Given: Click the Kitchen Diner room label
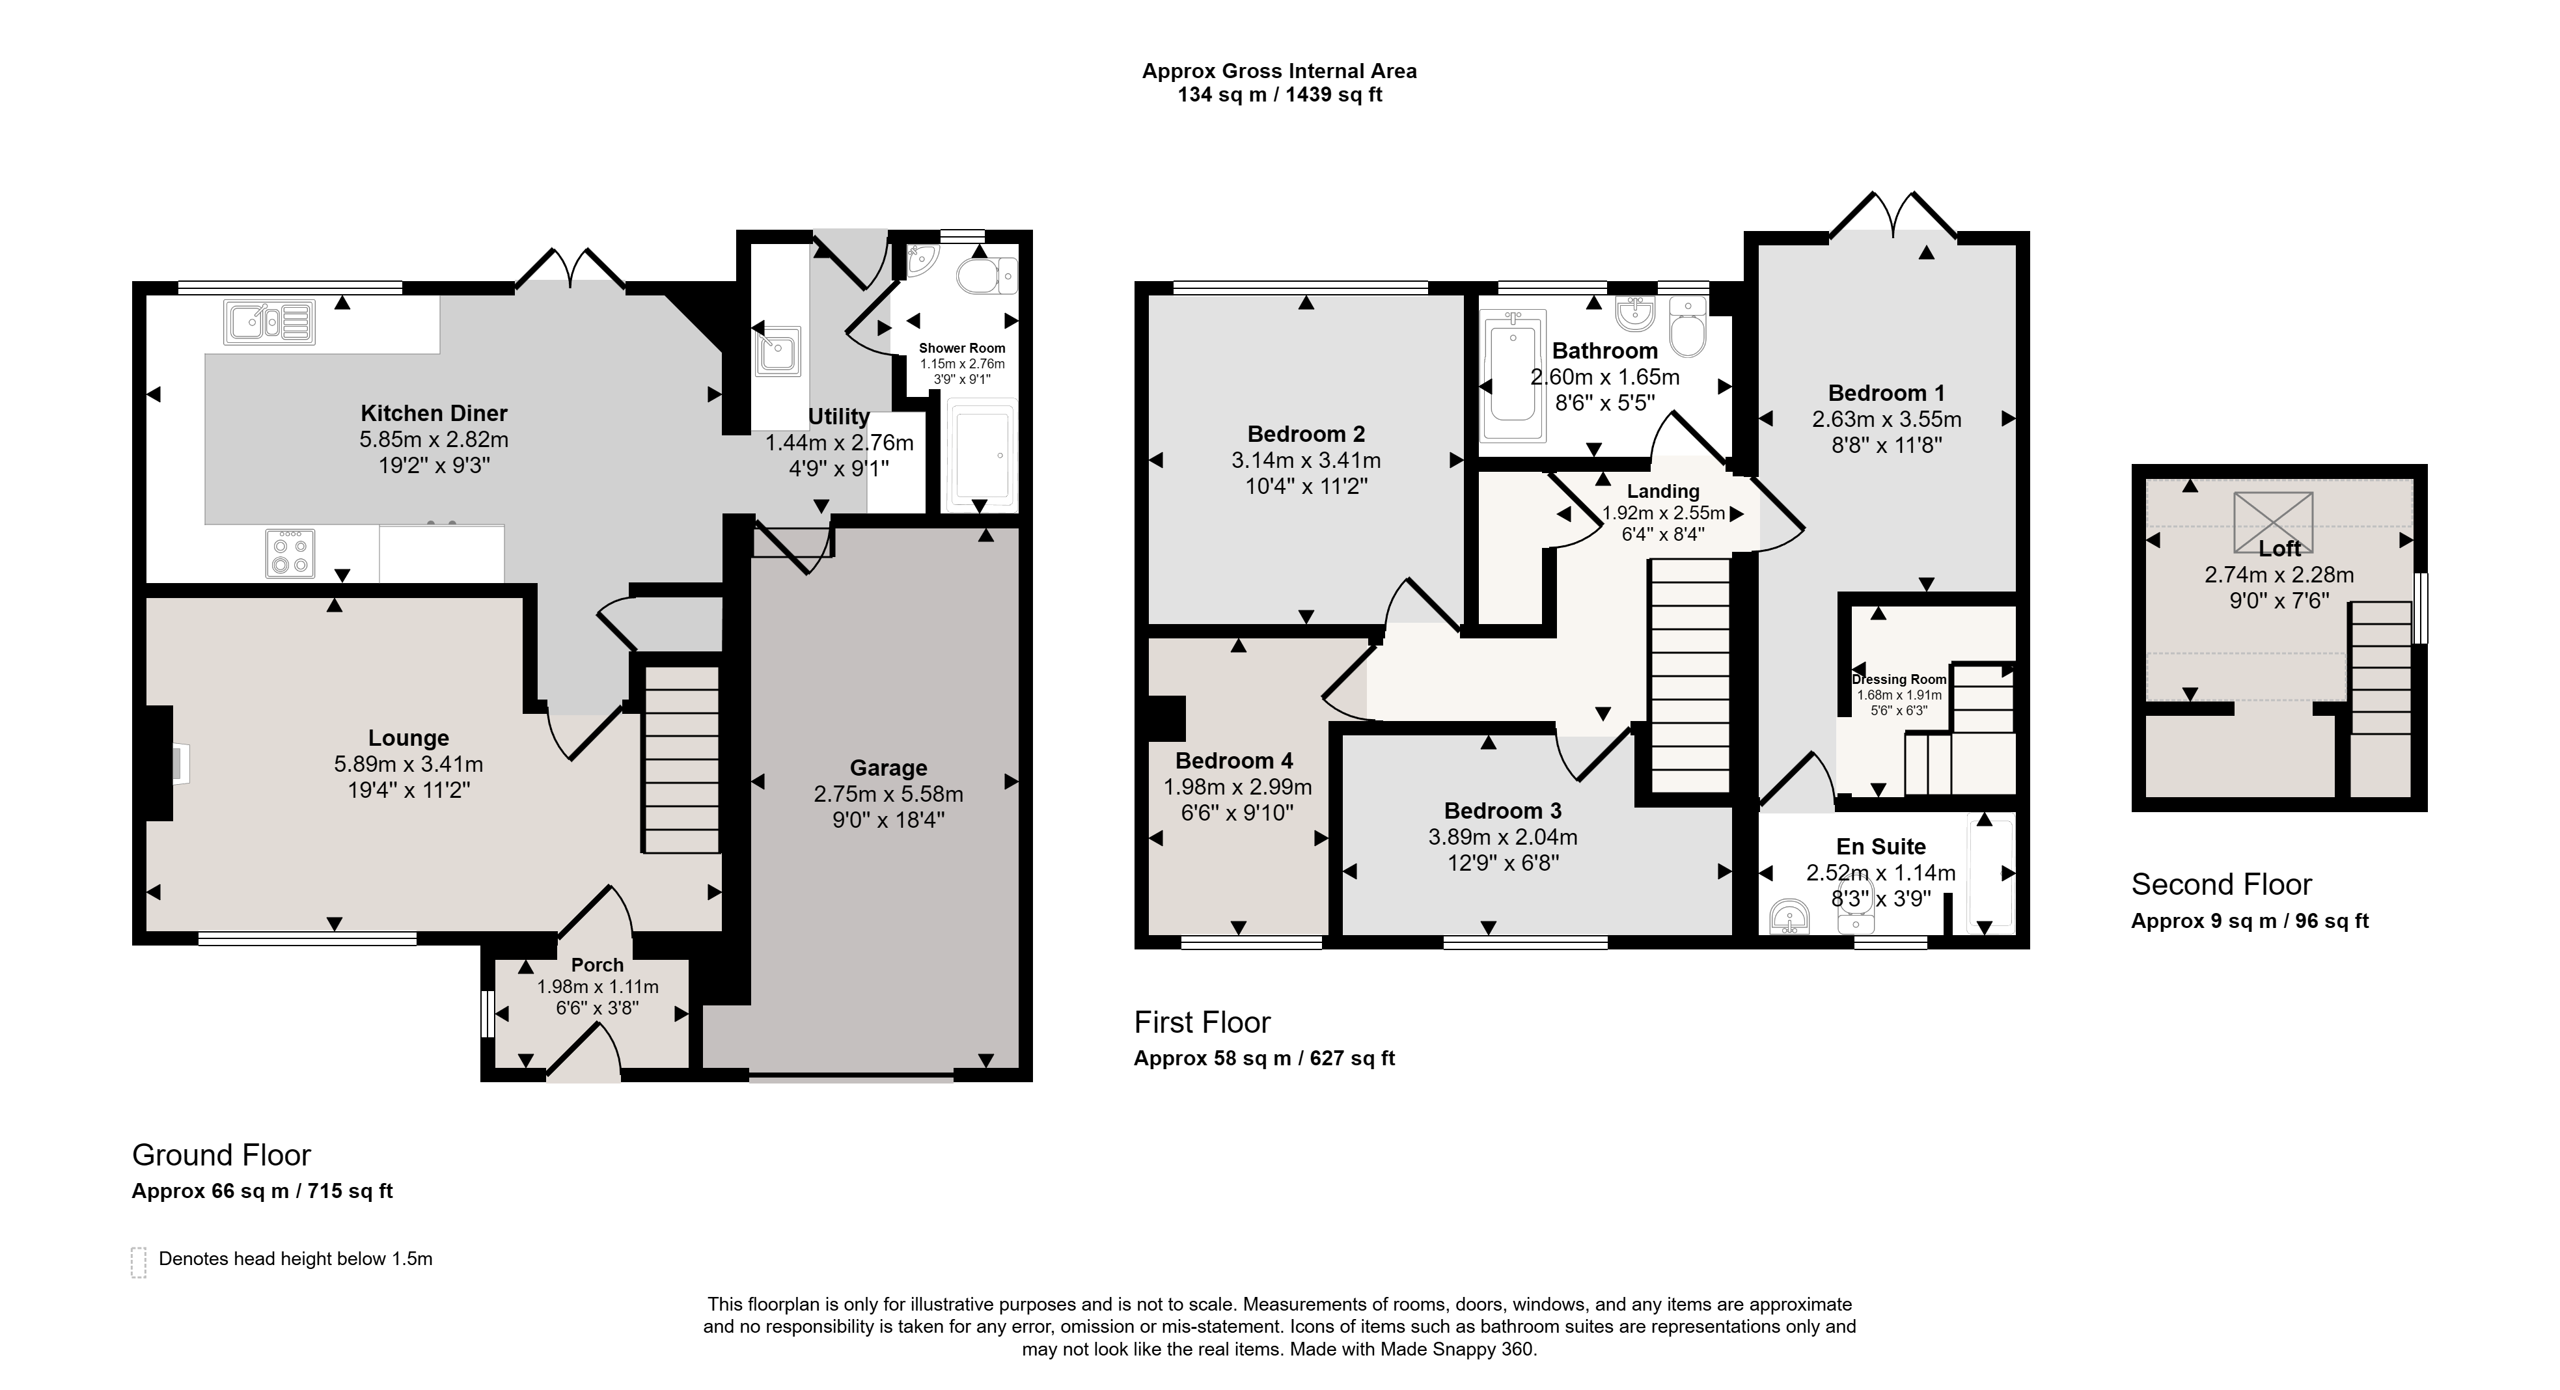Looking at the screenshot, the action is (434, 413).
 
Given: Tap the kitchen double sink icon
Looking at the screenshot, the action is (269, 322).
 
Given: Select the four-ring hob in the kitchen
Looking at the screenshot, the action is (290, 553).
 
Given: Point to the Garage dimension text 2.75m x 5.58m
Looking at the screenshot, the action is (888, 794).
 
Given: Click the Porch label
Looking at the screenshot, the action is (598, 965).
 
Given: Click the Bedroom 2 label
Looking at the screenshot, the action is (1306, 434).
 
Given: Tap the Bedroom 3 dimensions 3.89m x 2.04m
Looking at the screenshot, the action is (1502, 838).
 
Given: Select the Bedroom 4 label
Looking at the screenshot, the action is (1233, 761).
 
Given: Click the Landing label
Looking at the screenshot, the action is (1662, 491).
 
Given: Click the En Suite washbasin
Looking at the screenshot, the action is (1791, 917).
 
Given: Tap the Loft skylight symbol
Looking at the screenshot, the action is (2274, 522).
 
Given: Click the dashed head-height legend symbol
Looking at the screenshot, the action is (138, 1262).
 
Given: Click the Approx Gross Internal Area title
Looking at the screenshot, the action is (1279, 70).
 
